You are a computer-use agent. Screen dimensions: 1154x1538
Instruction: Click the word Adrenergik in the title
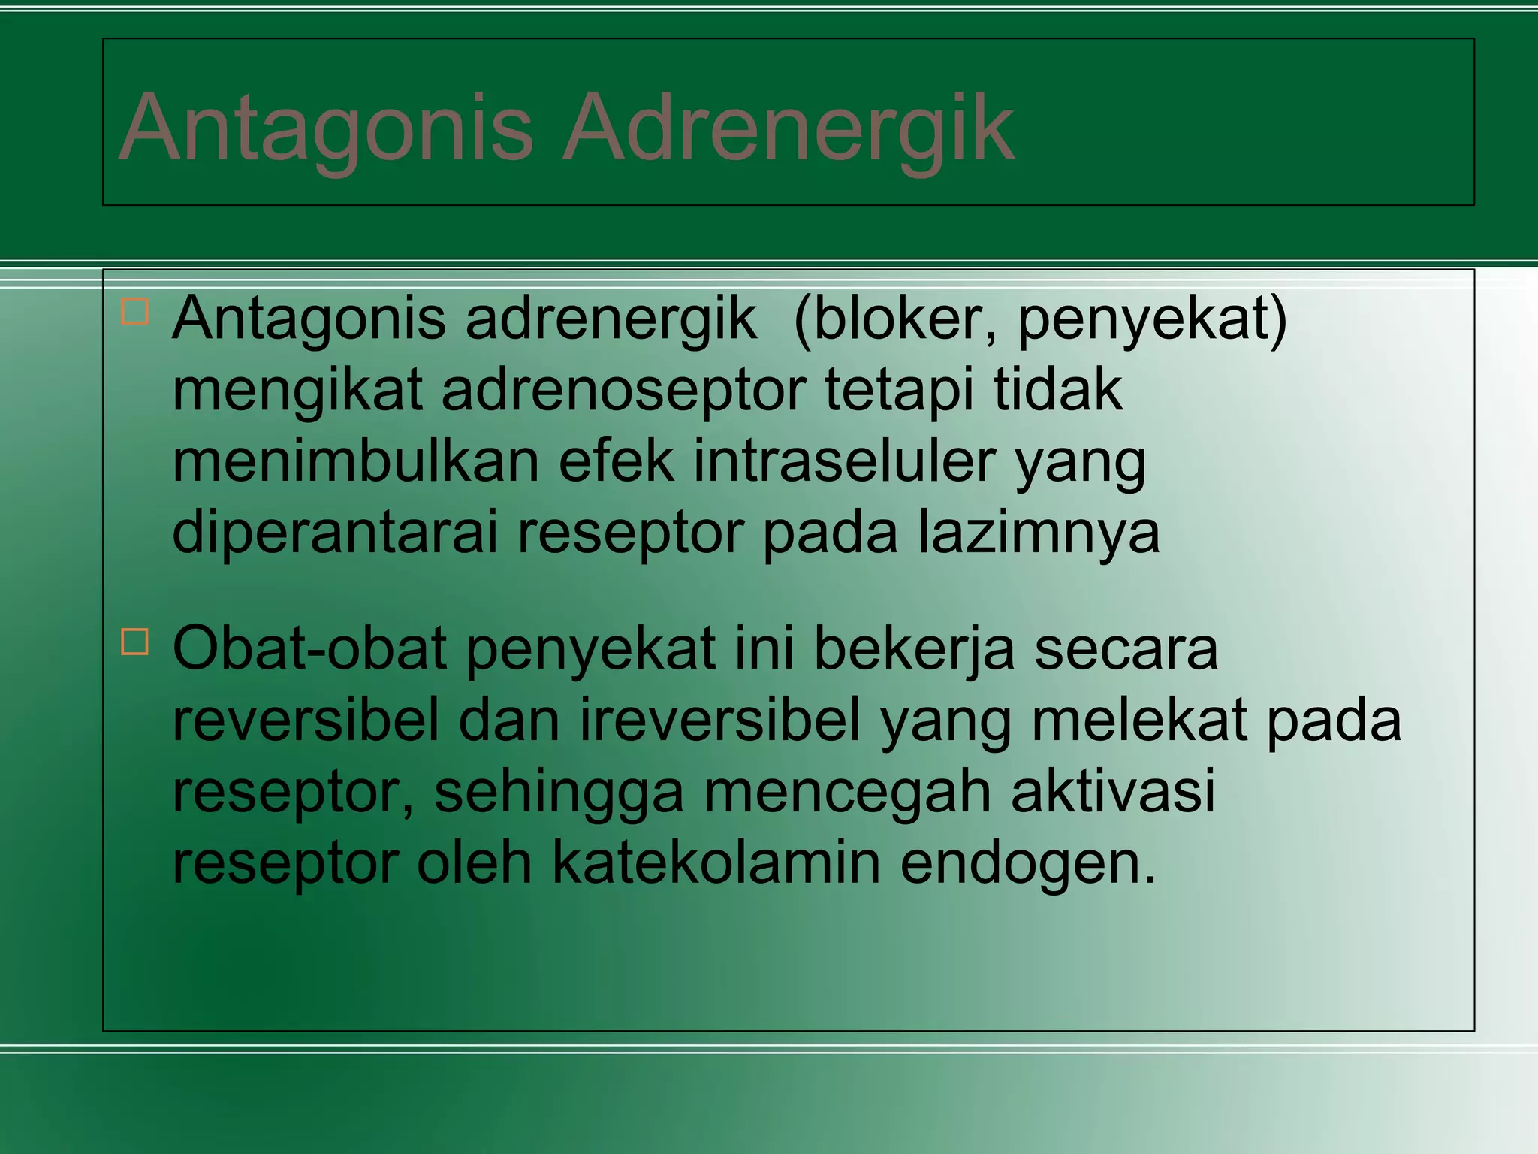(789, 128)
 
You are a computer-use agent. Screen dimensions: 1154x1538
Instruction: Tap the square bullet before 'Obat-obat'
(135, 642)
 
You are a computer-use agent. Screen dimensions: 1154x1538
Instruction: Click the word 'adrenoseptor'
(623, 391)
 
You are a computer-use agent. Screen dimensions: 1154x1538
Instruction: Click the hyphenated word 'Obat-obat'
(309, 649)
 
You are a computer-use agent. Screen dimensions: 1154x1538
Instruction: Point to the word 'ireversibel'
(719, 720)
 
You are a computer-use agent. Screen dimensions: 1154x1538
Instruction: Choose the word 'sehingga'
(559, 792)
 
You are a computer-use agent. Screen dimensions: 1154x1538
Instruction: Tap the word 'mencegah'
(847, 792)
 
